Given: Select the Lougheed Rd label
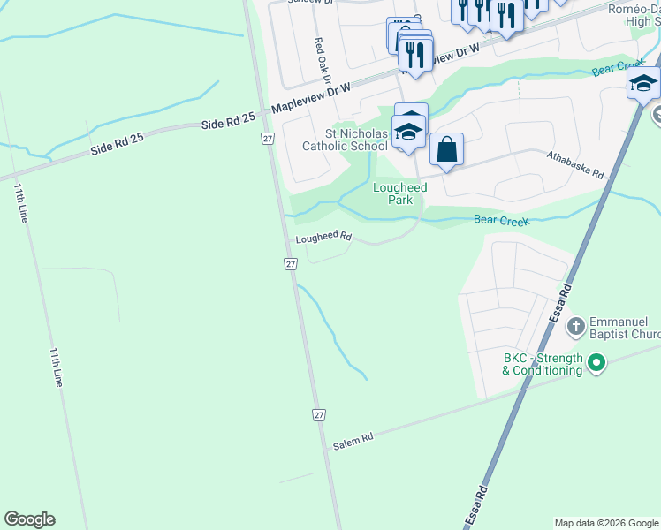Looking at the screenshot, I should tap(323, 238).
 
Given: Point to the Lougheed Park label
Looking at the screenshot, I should tap(399, 193).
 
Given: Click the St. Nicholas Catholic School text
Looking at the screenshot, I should tap(345, 140).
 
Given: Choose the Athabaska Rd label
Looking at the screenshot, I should tap(574, 163).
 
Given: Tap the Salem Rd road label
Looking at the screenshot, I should tap(353, 441).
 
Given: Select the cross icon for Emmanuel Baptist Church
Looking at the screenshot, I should tap(575, 326).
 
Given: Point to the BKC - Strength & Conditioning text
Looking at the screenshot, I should tap(543, 364).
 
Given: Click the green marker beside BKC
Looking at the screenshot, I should tap(596, 362).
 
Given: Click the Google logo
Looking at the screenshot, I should tap(29, 519).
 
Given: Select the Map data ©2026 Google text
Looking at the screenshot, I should tap(606, 523).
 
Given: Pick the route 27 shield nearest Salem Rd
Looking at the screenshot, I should tap(319, 414).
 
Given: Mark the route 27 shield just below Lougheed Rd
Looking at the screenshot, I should tap(291, 264).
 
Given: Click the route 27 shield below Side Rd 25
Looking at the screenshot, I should tap(267, 139).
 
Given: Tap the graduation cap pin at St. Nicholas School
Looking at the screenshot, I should tap(408, 133).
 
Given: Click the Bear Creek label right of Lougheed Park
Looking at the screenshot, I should tap(501, 220).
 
